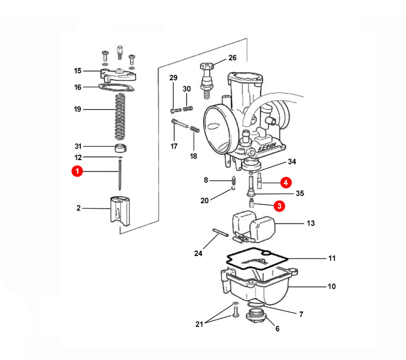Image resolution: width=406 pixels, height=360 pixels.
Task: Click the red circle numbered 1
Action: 77,171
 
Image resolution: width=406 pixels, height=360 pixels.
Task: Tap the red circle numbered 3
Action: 279,206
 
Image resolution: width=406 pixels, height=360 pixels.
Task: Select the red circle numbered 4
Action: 286,183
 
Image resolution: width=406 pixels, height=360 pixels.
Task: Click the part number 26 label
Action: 232,58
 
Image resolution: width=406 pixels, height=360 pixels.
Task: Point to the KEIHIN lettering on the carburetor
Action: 267,147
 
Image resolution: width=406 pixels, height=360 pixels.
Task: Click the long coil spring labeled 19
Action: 120,116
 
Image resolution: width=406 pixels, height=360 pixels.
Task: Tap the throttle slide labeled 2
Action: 120,211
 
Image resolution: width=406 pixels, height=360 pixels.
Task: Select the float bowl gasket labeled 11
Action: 257,259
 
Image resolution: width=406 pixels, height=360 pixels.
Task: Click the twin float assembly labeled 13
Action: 253,226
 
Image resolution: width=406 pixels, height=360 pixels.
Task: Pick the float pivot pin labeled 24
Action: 221,232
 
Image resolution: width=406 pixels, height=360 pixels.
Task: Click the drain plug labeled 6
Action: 256,316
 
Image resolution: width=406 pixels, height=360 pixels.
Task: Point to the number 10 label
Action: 332,287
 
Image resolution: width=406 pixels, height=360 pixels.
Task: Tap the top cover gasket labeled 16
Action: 116,87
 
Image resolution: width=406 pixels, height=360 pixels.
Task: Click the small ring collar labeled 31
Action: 120,148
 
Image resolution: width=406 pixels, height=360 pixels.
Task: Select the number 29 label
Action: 174,78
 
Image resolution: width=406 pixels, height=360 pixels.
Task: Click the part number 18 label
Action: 194,156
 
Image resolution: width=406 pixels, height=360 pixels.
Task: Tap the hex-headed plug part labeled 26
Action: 207,80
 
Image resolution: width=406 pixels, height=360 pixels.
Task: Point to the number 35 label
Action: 300,193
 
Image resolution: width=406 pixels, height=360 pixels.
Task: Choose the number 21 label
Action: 199,324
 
